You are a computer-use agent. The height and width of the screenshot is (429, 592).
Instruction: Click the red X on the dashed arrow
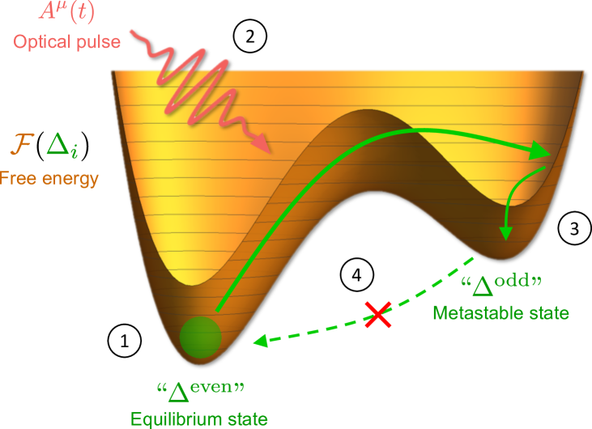point(377,314)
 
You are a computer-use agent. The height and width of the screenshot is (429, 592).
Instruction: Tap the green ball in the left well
point(200,338)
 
